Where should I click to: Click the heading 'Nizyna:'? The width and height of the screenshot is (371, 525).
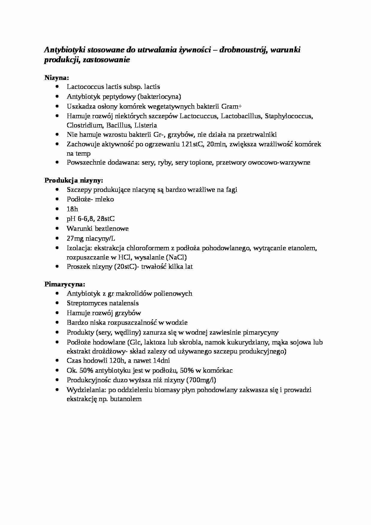57,78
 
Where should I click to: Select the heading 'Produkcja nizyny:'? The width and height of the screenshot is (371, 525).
74,180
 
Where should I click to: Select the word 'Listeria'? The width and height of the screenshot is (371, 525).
145,125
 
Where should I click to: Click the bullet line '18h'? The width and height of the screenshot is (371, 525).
72,209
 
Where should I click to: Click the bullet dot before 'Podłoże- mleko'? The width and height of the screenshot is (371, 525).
57,199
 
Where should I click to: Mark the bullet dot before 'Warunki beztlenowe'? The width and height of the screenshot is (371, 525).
57,228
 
